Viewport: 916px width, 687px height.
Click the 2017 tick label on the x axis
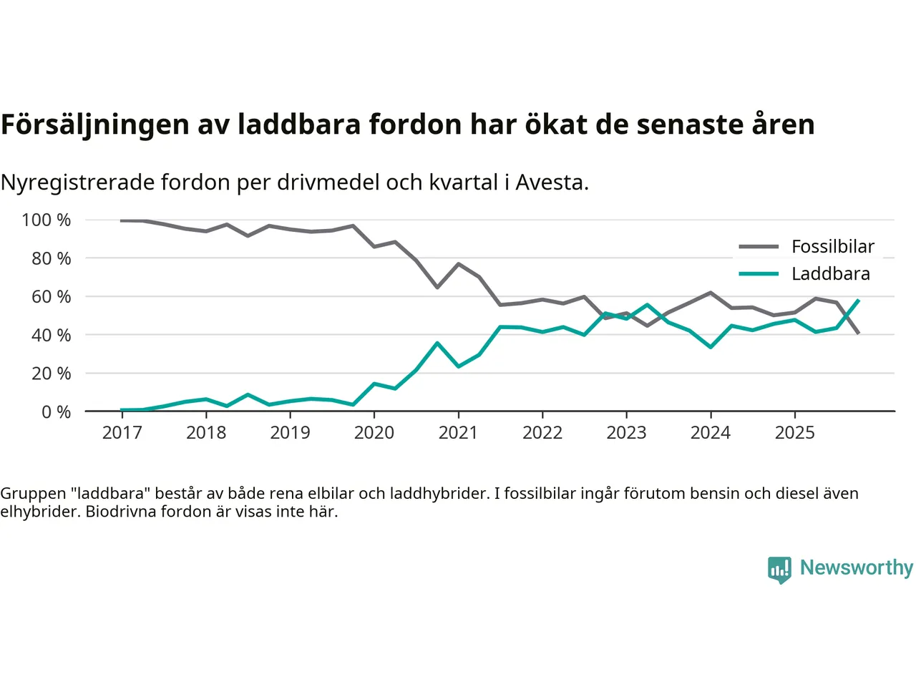pyautogui.click(x=122, y=432)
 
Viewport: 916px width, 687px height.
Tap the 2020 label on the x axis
pyautogui.click(x=374, y=432)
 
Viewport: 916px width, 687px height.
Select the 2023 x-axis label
pyautogui.click(x=626, y=432)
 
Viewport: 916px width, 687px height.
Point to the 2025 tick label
pyautogui.click(x=794, y=432)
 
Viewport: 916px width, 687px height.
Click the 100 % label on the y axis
pyautogui.click(x=47, y=220)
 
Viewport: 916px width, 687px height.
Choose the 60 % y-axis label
pyautogui.click(x=51, y=296)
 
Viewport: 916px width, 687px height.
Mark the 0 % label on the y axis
pyautogui.click(x=56, y=411)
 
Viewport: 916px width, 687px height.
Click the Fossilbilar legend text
pyautogui.click(x=833, y=247)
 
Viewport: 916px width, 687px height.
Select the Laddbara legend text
pyautogui.click(x=830, y=274)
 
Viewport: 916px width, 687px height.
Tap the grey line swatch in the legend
pyautogui.click(x=759, y=247)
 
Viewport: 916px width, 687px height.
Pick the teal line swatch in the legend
pyautogui.click(x=759, y=274)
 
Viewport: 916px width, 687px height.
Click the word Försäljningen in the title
pyautogui.click(x=95, y=125)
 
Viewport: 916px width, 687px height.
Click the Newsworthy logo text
pyautogui.click(x=856, y=567)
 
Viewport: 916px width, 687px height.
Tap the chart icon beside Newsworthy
pyautogui.click(x=779, y=570)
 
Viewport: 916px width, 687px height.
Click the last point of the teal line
pyautogui.click(x=858, y=301)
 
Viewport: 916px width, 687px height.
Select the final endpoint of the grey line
pyautogui.click(x=858, y=333)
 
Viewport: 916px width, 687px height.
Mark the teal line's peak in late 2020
pyautogui.click(x=437, y=343)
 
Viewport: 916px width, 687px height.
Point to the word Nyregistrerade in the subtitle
pyautogui.click(x=77, y=182)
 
